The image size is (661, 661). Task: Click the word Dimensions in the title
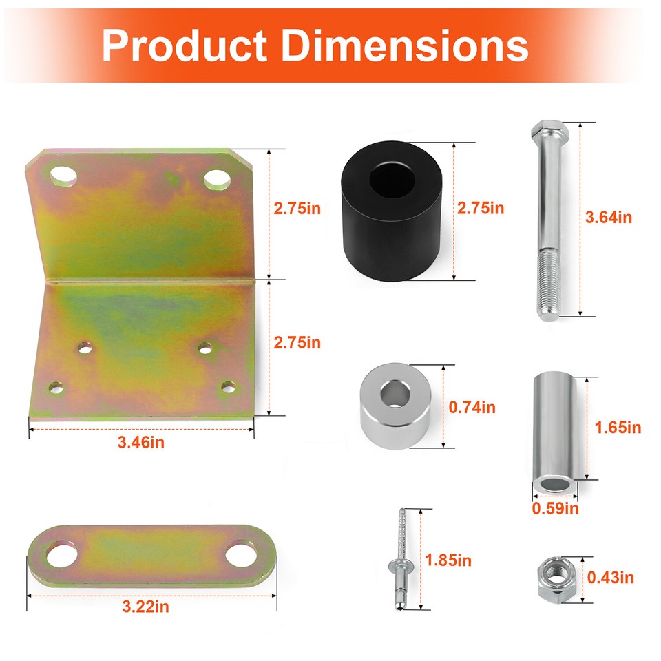click(x=406, y=45)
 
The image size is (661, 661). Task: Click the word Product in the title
click(x=185, y=45)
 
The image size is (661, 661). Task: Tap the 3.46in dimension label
click(x=141, y=442)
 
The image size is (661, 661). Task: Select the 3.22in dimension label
click(x=145, y=607)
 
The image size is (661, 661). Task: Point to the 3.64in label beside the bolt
click(x=608, y=218)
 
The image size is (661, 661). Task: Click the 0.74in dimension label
click(x=472, y=407)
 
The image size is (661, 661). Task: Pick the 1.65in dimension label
click(x=617, y=428)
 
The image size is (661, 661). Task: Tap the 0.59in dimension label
click(x=555, y=509)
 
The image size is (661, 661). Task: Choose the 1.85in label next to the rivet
click(x=448, y=560)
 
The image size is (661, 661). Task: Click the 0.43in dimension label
click(x=610, y=577)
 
